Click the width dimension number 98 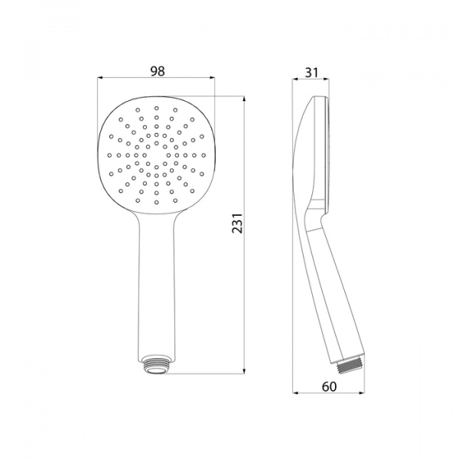(158, 71)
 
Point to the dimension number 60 (329, 387)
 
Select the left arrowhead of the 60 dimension (298, 394)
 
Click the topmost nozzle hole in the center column (158, 108)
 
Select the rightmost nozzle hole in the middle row (204, 155)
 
